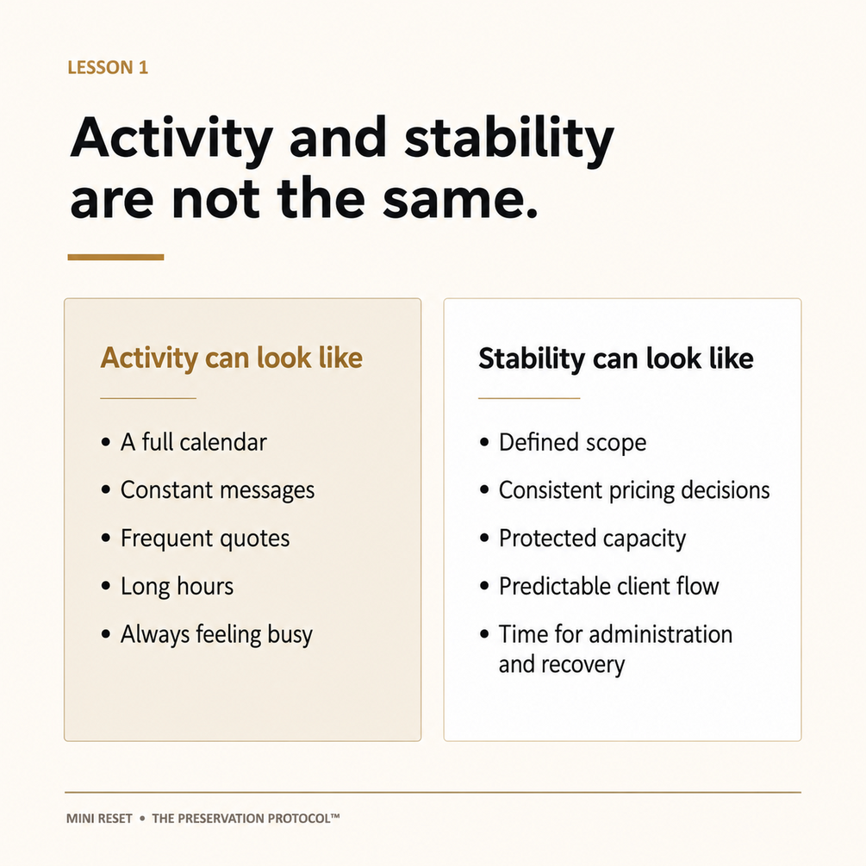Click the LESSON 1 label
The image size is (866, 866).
108,67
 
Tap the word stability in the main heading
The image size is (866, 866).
509,140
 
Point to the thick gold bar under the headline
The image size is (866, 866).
115,257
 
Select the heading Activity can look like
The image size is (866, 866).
232,358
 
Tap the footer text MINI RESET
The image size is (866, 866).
99,819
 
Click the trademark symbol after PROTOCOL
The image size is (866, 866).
335,815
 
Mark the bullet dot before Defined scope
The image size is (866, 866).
484,442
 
